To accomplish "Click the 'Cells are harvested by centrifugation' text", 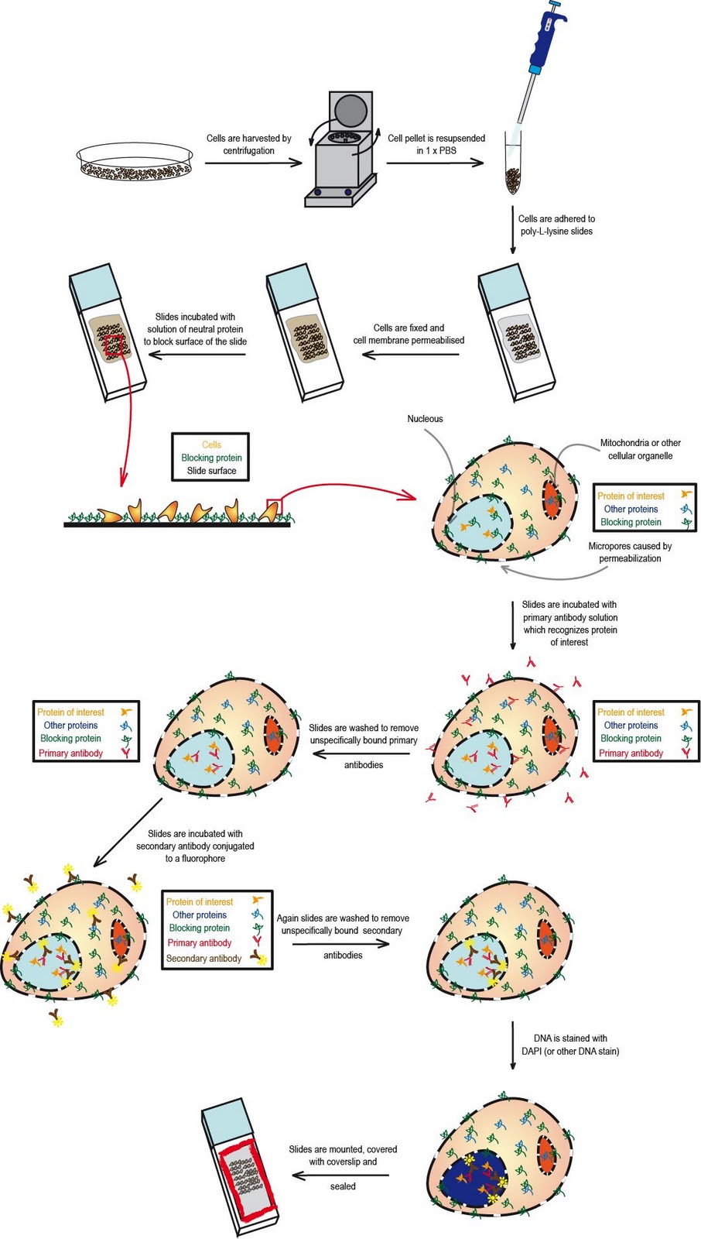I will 248,144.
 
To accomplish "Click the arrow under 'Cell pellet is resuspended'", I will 435,163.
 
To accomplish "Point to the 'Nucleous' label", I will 425,419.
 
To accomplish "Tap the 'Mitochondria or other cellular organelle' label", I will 640,449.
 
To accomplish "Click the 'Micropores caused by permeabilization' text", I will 630,551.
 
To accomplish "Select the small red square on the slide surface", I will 275,507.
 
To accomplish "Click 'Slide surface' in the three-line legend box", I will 211,471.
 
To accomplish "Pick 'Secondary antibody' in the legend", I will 203,958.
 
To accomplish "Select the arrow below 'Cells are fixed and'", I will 410,355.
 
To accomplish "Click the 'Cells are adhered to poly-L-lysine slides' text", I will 556,225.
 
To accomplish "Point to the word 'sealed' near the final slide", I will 343,1186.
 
